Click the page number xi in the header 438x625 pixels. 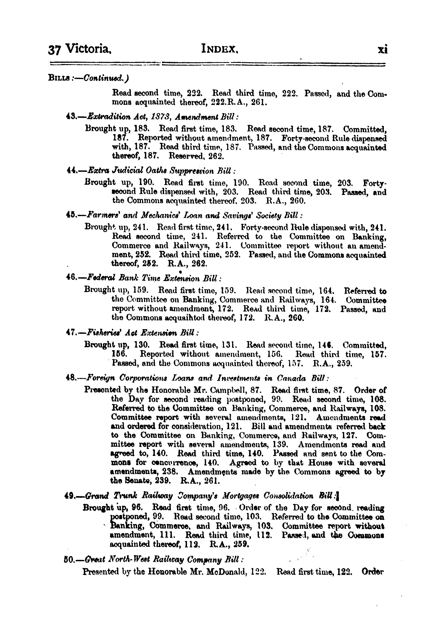(383, 50)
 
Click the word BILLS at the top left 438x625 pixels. (57, 78)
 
